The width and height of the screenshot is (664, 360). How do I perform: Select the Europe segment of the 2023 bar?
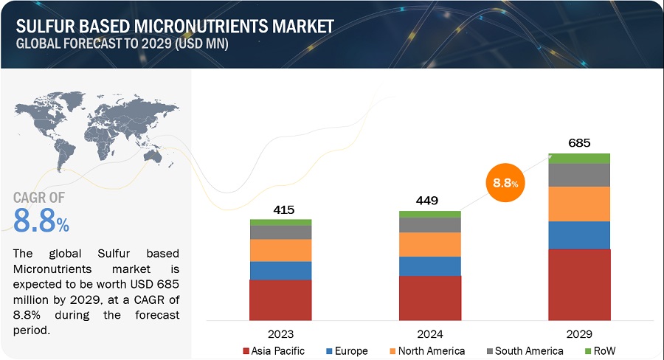click(x=280, y=271)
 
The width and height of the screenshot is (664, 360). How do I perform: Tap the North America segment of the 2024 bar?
click(x=430, y=244)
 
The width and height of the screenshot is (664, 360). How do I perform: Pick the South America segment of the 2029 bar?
click(x=579, y=175)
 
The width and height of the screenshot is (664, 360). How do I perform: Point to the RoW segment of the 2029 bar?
click(x=579, y=159)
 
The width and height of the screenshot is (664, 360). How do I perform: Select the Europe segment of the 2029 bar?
click(x=579, y=235)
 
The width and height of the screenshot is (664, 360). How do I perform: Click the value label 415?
click(x=283, y=210)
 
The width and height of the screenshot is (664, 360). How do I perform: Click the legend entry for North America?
click(x=431, y=350)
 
